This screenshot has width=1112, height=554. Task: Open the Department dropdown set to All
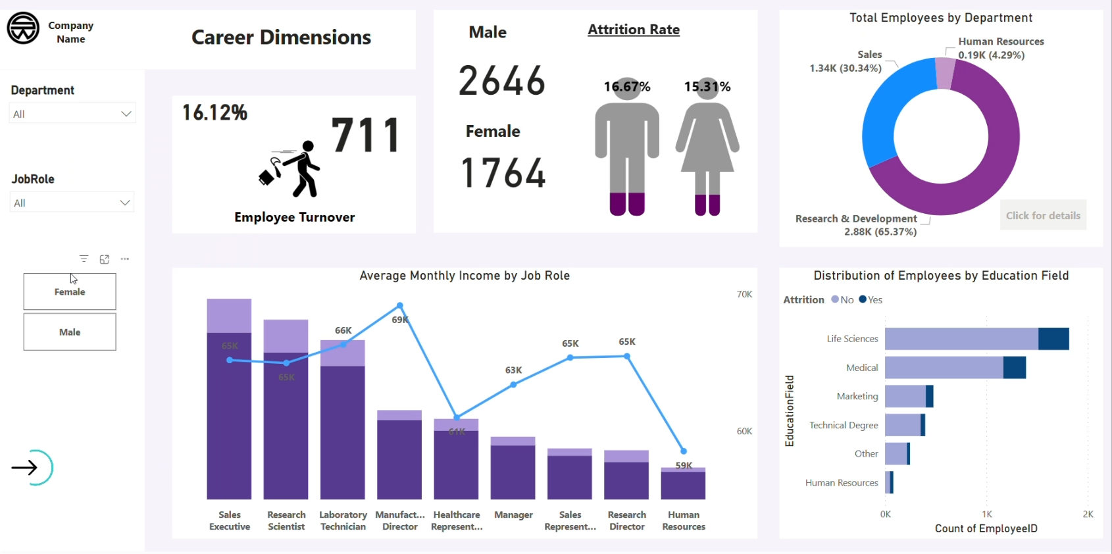(72, 113)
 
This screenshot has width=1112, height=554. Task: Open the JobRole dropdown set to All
(72, 203)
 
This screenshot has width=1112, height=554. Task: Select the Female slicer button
(70, 292)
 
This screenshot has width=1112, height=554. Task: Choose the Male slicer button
(70, 332)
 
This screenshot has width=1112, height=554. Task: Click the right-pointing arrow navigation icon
(26, 468)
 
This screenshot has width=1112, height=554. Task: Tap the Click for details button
(1043, 216)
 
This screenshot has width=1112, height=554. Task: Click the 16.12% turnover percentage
(215, 113)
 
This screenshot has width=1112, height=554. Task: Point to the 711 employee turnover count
(366, 135)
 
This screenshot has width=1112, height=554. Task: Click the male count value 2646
(502, 81)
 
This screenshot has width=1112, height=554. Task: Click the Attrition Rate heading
(634, 30)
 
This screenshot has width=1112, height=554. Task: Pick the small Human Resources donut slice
(944, 73)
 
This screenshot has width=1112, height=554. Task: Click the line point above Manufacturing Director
(400, 306)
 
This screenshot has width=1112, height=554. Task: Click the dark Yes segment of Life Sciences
(1053, 339)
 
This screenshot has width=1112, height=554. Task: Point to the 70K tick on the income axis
(744, 294)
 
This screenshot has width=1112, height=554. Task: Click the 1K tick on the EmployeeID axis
(987, 514)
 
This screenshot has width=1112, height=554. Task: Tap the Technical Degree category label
(844, 426)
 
